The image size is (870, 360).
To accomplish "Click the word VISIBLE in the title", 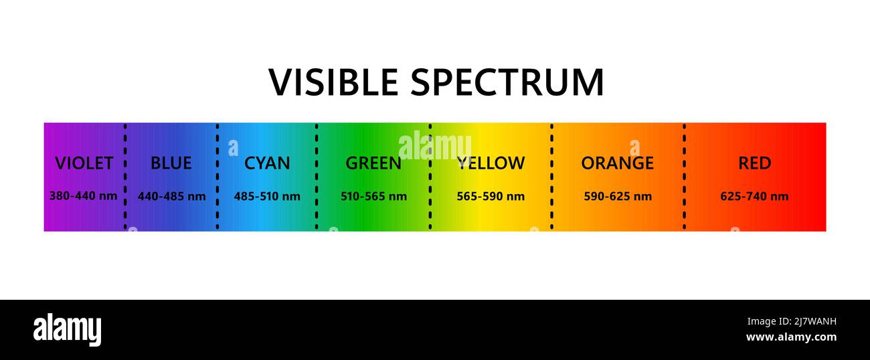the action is pos(333,82).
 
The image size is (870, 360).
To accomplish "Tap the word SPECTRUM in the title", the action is pos(507,82).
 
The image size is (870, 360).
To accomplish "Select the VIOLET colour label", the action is pos(84,163).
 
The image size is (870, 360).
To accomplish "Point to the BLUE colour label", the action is pos(171,163).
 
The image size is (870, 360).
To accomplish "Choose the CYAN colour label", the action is pos(267,163).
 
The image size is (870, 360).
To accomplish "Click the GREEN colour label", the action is pos(373,163).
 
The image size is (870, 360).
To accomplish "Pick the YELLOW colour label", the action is pos(491,163).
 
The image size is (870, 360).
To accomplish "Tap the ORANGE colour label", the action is pos(618,163).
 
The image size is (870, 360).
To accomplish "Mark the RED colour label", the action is pos(755,163).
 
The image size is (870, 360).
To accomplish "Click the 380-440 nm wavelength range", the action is pos(83,196).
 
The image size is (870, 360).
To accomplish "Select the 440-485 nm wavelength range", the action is pos(172,196).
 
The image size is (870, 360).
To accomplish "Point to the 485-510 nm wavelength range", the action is pos(267,196).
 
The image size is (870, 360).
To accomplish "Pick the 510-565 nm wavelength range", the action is pos(373,196).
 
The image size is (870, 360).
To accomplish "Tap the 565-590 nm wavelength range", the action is pos(491,196).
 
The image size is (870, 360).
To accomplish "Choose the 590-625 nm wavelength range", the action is pos(618,196).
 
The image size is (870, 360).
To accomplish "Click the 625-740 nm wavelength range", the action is pos(754,196).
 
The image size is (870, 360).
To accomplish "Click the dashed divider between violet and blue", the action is pos(125,177).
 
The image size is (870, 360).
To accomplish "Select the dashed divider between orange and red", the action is pos(684,177).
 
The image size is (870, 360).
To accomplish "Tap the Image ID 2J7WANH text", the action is pos(792,322).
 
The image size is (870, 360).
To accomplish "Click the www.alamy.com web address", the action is pos(792,337).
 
